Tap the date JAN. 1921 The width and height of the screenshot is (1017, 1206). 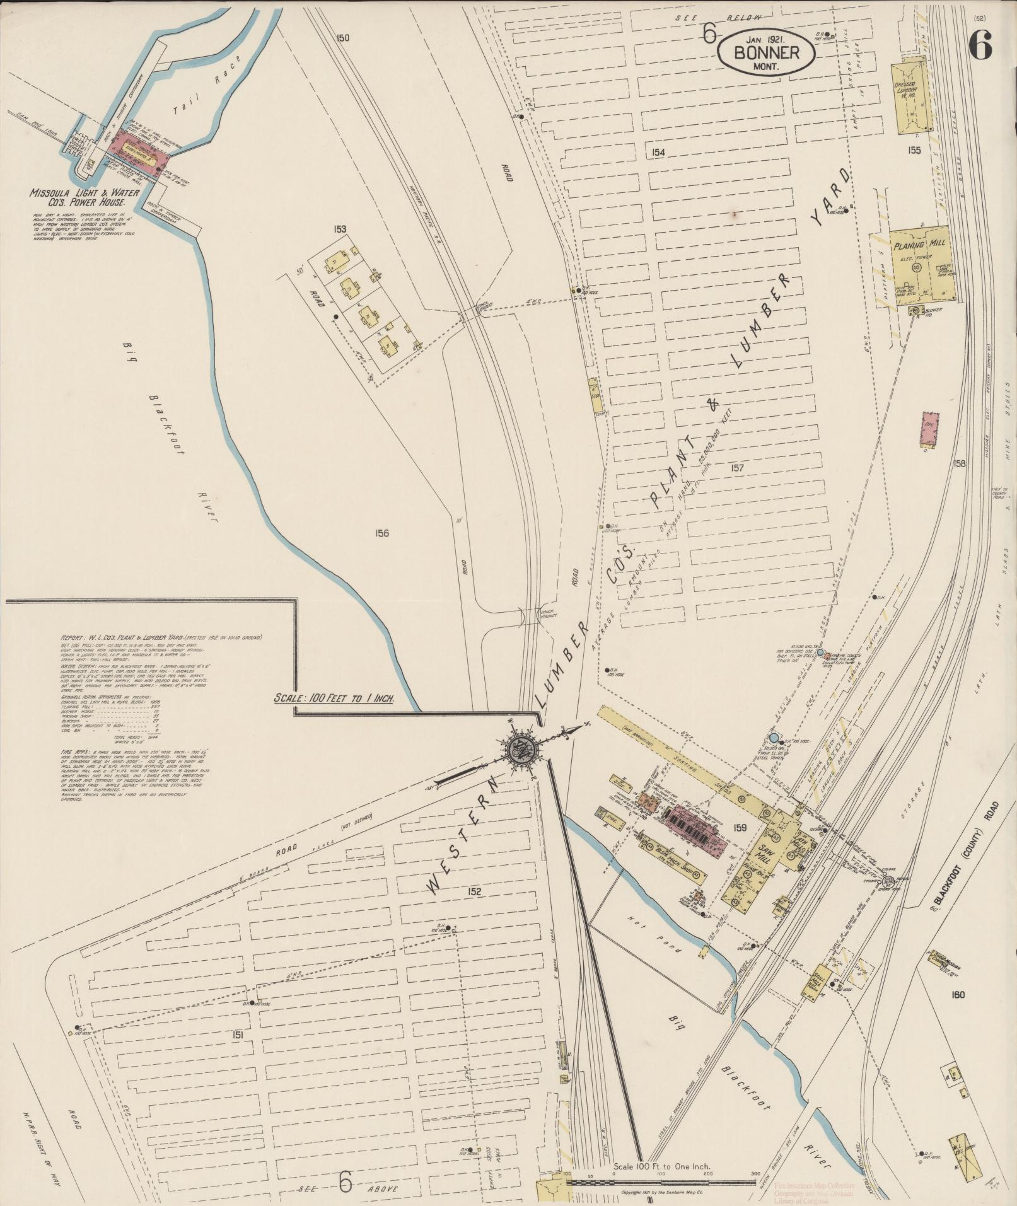(765, 38)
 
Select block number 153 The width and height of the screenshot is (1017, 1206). (340, 229)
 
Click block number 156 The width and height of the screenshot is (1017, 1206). (381, 533)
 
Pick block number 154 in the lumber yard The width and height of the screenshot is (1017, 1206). (659, 152)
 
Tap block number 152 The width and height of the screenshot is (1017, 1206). (474, 891)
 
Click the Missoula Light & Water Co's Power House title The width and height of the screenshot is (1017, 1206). (78, 199)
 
